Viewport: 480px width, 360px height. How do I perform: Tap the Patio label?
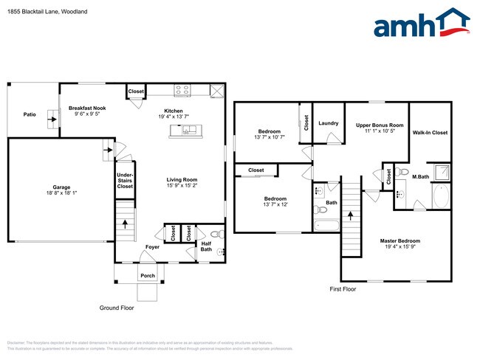pyautogui.click(x=30, y=114)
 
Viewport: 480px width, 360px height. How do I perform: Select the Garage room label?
pyautogui.click(x=61, y=190)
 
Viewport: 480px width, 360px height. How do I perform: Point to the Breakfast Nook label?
pyautogui.click(x=86, y=108)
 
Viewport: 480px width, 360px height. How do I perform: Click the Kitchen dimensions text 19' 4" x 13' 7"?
pyautogui.click(x=174, y=117)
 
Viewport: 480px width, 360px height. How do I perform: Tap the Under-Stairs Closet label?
pyautogui.click(x=126, y=181)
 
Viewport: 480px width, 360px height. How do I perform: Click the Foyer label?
pyautogui.click(x=151, y=247)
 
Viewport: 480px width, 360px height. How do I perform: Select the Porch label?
pyautogui.click(x=148, y=277)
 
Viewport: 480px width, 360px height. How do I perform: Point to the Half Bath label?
pyautogui.click(x=206, y=246)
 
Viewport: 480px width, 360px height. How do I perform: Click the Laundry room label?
pyautogui.click(x=328, y=123)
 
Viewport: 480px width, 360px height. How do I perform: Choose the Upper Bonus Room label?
pyautogui.click(x=380, y=125)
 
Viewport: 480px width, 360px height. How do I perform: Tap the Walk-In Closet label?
pyautogui.click(x=430, y=133)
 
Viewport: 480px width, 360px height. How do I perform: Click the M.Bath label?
pyautogui.click(x=420, y=177)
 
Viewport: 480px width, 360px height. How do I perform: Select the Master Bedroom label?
pyautogui.click(x=400, y=241)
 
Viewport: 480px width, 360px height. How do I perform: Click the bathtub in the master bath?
pyautogui.click(x=440, y=197)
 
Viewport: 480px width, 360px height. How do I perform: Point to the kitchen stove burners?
pyautogui.click(x=182, y=91)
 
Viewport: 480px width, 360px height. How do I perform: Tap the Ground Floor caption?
pyautogui.click(x=116, y=308)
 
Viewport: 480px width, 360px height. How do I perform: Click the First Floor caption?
pyautogui.click(x=343, y=289)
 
